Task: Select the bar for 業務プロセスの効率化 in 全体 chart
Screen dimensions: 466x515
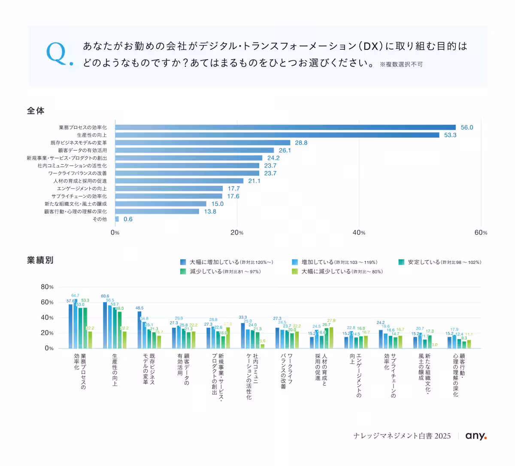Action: point(285,127)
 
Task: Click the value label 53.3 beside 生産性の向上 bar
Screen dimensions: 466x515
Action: point(450,135)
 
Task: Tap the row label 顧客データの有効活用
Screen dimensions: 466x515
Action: point(82,151)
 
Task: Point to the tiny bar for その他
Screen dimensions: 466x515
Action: point(117,219)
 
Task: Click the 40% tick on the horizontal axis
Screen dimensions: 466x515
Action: point(359,233)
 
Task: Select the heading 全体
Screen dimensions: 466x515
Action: point(36,111)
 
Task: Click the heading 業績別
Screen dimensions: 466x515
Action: point(40,260)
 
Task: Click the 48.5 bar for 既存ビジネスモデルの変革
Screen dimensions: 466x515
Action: point(139,330)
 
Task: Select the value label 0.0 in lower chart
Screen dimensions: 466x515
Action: point(434,345)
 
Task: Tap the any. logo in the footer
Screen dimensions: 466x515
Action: point(476,436)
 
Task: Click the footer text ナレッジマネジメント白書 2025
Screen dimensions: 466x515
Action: point(402,436)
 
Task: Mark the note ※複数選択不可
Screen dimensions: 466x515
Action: point(401,64)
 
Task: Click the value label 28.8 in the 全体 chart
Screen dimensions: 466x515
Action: point(301,143)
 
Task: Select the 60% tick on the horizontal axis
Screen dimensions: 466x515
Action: point(481,233)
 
